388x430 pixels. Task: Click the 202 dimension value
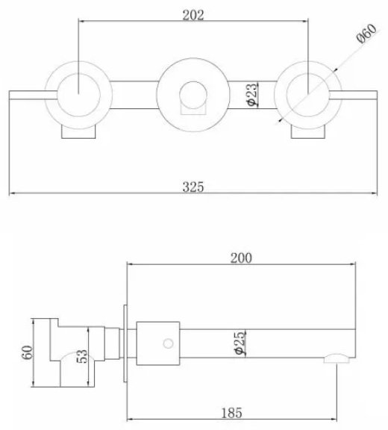[x=193, y=15]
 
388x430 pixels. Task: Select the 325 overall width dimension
[x=193, y=187]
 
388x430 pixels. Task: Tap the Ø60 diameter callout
[x=367, y=34]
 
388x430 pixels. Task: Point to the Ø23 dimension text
[x=252, y=94]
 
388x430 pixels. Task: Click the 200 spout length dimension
[x=241, y=258]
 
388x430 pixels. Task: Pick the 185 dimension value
[x=231, y=413]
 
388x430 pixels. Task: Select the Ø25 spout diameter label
[x=240, y=343]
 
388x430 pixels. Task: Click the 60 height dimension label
[x=27, y=352]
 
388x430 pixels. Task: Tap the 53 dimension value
[x=81, y=356]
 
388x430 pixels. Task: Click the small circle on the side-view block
[x=168, y=343]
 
